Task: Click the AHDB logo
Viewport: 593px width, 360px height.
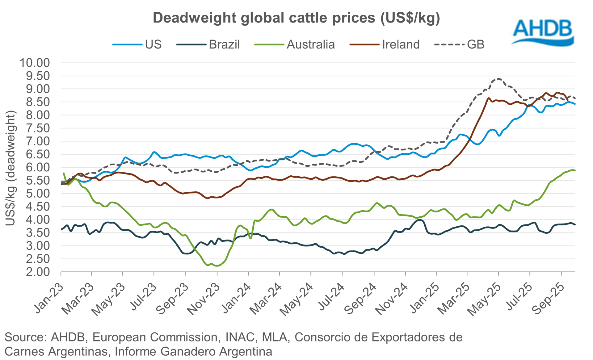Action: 543,32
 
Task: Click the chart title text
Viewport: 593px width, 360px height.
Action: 296,18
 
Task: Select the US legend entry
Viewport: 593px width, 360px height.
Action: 137,44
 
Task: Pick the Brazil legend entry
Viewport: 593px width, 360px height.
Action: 208,44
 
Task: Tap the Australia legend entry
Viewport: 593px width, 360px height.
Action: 295,44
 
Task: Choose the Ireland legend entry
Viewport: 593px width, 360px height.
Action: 385,44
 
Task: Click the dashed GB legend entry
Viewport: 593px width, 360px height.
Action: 460,44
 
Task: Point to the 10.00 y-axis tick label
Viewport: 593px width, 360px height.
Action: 35,63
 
